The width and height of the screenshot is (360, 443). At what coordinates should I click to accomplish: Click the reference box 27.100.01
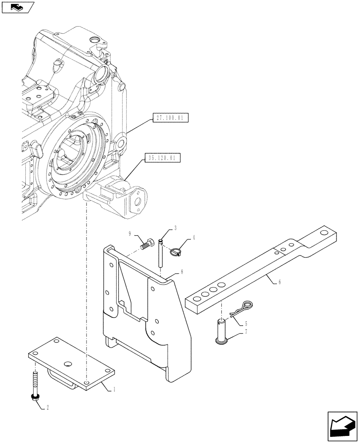(171, 118)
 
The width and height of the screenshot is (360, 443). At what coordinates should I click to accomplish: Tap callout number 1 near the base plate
(115, 389)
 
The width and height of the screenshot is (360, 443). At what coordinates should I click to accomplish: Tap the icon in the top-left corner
(18, 7)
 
